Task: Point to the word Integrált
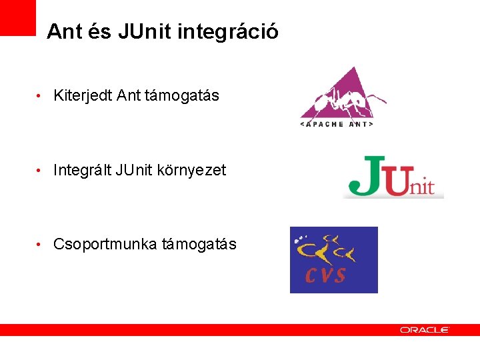coord(82,171)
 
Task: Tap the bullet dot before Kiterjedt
coord(40,97)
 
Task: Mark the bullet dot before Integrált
coord(40,171)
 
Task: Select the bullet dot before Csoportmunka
coord(40,245)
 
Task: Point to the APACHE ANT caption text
coord(337,124)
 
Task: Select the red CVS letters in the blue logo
coord(326,273)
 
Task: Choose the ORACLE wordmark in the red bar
coord(424,330)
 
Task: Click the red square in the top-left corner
coord(17,17)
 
